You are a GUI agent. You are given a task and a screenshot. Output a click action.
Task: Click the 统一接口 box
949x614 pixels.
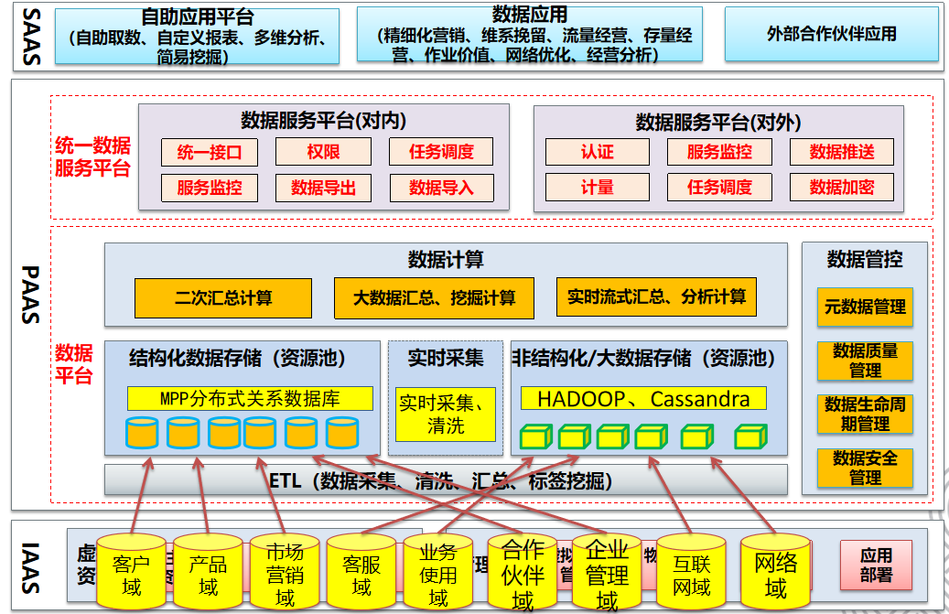click(x=210, y=152)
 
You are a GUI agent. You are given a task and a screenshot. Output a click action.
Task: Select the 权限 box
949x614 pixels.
click(x=323, y=152)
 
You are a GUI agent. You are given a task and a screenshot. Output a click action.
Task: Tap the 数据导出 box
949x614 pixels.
click(x=323, y=188)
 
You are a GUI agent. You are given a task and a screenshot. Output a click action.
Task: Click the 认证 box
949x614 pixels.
click(x=597, y=152)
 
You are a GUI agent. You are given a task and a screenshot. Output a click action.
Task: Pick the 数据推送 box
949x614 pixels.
click(x=842, y=152)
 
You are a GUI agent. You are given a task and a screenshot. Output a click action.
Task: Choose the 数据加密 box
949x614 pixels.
click(x=842, y=188)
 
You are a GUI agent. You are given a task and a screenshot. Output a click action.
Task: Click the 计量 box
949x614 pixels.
click(x=597, y=188)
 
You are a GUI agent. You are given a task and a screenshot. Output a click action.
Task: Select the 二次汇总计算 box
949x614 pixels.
click(x=223, y=298)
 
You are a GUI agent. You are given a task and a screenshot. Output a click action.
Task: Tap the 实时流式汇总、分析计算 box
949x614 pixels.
click(x=656, y=297)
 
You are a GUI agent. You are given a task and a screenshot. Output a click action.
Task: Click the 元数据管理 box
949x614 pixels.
click(x=865, y=307)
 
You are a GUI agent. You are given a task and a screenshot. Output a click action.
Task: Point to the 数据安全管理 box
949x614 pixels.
click(x=865, y=467)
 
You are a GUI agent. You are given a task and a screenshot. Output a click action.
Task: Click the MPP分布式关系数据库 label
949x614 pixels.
click(x=250, y=399)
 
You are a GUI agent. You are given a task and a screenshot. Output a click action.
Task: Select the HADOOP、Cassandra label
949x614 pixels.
click(x=643, y=399)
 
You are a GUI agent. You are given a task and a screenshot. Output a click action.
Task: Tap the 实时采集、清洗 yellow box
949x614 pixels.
click(x=446, y=415)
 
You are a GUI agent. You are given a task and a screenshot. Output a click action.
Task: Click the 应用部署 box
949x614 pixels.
click(x=876, y=565)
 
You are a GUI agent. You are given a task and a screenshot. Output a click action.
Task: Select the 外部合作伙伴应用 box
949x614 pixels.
click(x=831, y=34)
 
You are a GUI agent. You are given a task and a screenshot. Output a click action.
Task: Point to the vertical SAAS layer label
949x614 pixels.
click(x=31, y=37)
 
